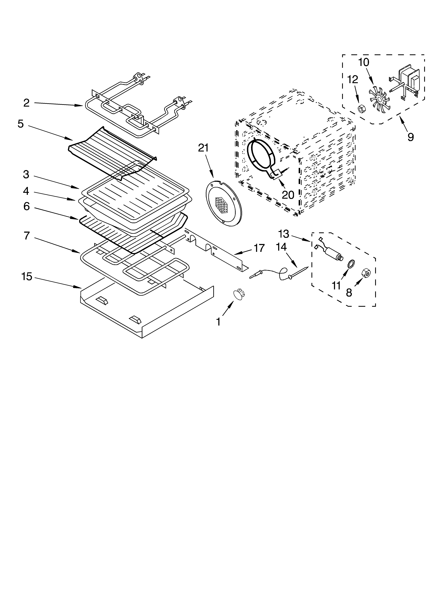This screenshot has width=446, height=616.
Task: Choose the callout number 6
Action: pyautogui.click(x=26, y=206)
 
